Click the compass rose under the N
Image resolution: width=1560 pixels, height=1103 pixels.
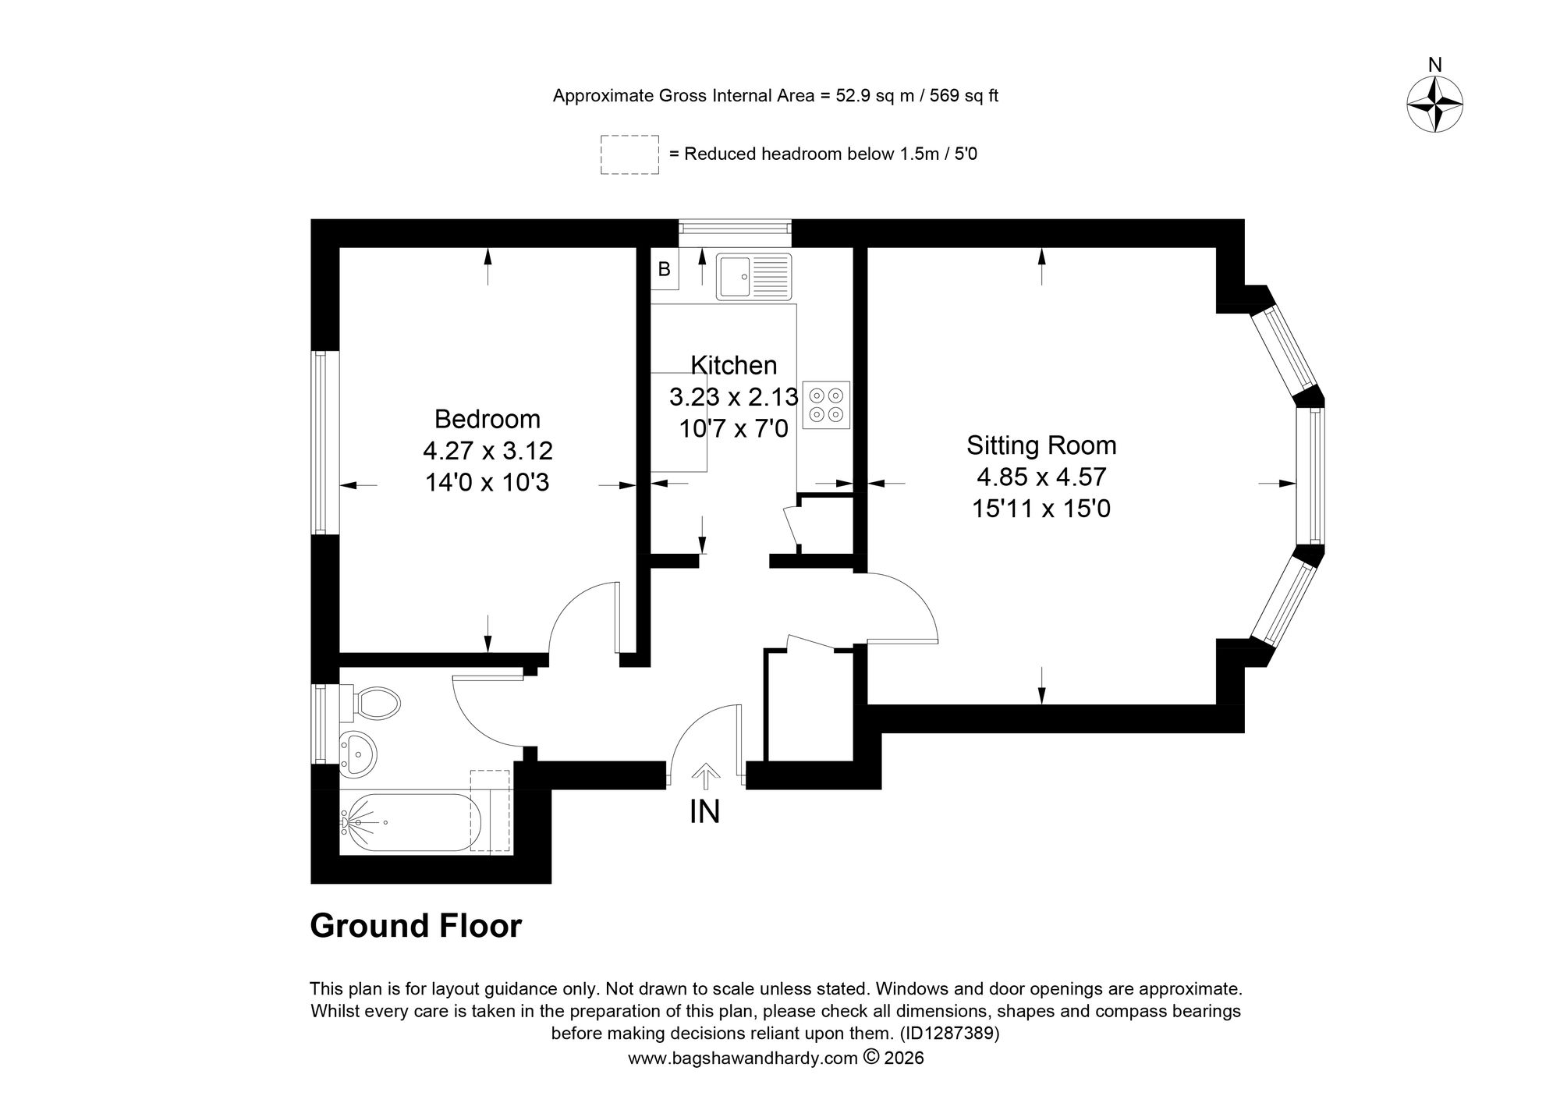(1434, 105)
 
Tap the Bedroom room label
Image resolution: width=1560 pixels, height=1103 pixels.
(487, 419)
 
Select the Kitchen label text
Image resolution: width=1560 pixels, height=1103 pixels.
(734, 365)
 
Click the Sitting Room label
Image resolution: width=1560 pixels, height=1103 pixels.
(1041, 445)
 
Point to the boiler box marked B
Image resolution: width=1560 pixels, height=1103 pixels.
(665, 269)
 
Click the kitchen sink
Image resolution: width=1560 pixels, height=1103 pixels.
(753, 276)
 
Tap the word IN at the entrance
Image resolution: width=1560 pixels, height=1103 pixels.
(705, 812)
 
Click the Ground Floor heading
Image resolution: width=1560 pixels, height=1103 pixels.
(416, 926)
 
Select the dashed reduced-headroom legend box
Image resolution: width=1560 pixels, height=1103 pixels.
(629, 154)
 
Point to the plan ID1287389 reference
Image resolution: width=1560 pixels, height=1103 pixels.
(949, 1034)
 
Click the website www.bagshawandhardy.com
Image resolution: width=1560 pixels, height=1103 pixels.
(743, 1058)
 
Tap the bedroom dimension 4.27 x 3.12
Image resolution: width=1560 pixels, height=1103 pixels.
(487, 451)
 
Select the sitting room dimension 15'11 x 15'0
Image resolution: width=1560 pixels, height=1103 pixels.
(1041, 509)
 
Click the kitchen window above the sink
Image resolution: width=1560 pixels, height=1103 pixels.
(734, 228)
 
